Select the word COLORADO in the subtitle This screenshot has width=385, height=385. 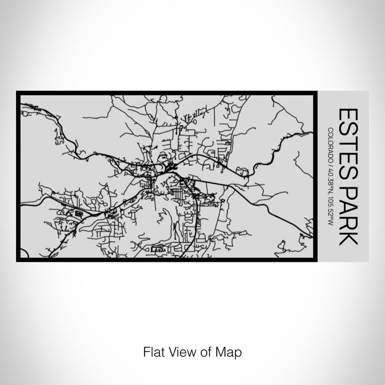pyautogui.click(x=330, y=144)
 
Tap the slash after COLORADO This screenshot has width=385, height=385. pyautogui.click(x=330, y=163)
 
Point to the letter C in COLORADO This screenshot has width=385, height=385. pyautogui.click(x=330, y=129)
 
